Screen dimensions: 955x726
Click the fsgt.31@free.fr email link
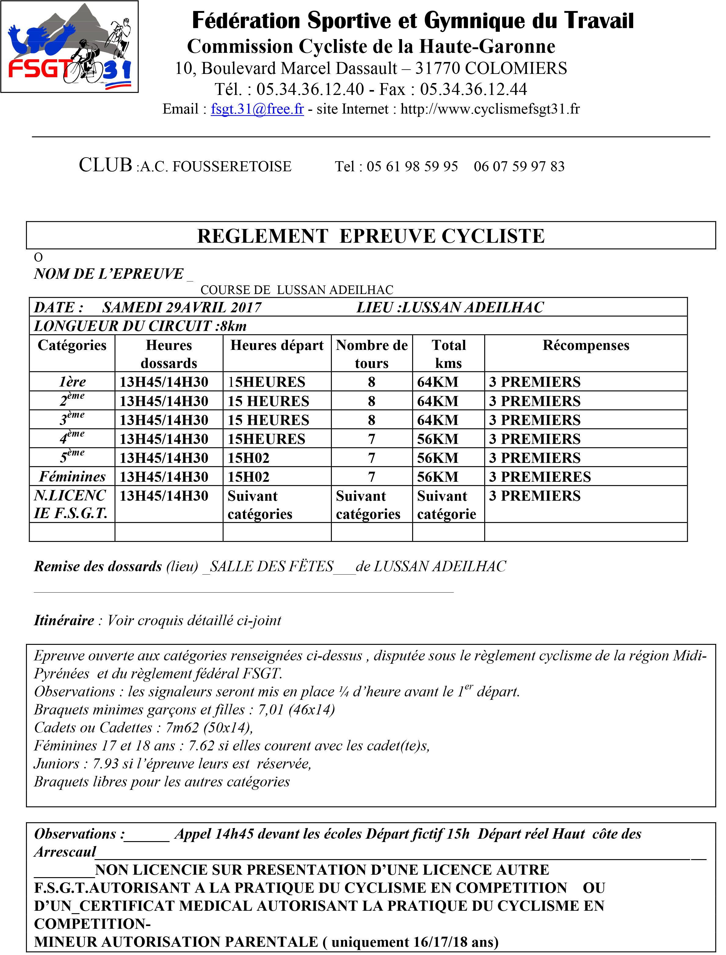tap(257, 109)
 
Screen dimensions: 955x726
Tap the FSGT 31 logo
tap(70, 47)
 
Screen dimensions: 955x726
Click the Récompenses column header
tap(586, 345)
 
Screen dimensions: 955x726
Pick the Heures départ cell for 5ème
tap(249, 458)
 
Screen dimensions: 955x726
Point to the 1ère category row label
tap(72, 382)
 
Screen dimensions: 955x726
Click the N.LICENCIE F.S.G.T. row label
tap(71, 504)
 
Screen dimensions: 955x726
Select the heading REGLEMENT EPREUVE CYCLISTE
tap(371, 236)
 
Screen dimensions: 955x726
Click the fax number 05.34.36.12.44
tap(473, 89)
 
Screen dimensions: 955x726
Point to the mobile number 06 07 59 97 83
tap(519, 166)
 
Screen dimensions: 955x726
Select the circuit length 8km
tap(233, 326)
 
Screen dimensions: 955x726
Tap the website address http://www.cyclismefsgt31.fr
tap(490, 109)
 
